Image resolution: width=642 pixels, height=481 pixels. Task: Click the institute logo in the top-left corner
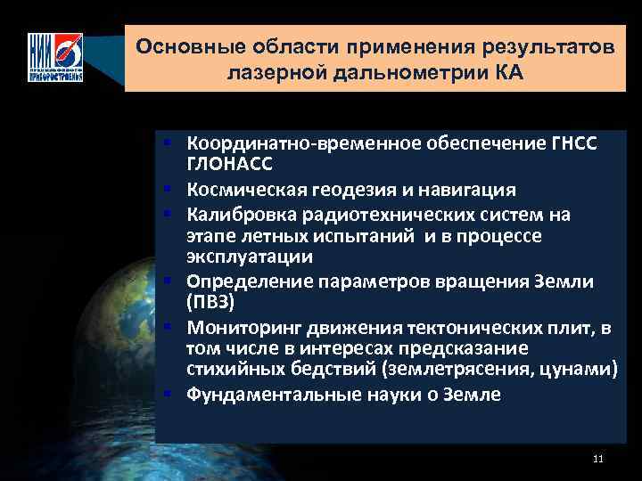55,57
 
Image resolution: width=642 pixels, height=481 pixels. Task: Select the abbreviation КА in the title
507,72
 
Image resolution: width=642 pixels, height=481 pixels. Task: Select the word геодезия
366,190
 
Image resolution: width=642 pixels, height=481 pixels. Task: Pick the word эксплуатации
249,257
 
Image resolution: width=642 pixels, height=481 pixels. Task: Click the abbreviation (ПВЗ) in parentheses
210,303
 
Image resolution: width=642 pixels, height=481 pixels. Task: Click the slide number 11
597,459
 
